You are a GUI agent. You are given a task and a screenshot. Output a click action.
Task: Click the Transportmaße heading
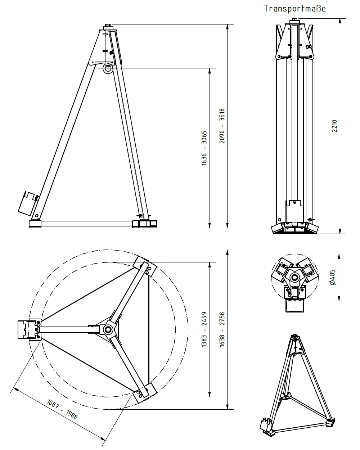click(294, 9)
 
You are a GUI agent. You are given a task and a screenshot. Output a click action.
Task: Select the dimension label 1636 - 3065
click(204, 148)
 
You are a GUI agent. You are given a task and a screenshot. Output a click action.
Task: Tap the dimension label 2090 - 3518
click(222, 126)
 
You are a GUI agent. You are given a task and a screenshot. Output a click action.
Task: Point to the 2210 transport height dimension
click(334, 126)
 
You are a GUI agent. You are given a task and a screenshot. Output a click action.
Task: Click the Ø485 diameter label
click(332, 277)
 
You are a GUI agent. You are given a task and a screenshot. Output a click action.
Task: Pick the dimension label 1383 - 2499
click(204, 329)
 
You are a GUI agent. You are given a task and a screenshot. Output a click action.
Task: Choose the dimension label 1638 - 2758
click(222, 329)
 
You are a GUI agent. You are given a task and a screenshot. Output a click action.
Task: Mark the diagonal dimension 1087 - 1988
click(62, 409)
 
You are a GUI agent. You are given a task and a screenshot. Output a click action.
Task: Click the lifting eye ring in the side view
click(108, 69)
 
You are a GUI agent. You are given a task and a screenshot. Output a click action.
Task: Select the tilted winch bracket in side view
click(28, 203)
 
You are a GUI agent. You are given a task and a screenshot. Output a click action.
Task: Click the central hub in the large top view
click(108, 330)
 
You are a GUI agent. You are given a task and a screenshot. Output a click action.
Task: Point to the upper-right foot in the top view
click(145, 266)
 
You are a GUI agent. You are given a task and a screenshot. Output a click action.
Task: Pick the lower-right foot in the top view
click(145, 393)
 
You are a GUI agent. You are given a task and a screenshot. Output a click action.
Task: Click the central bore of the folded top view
click(295, 278)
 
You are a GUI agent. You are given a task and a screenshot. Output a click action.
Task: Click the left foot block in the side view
click(35, 224)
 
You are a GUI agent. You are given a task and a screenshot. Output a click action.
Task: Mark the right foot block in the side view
click(145, 224)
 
